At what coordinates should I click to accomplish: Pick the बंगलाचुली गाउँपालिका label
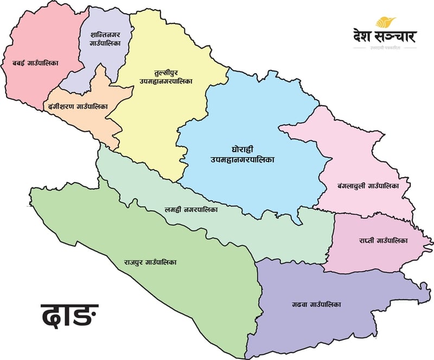[x=368, y=186]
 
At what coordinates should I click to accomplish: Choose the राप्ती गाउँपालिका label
[x=382, y=240]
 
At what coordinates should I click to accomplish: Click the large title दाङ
[x=70, y=316]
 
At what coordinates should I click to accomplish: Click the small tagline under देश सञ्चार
[x=385, y=48]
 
